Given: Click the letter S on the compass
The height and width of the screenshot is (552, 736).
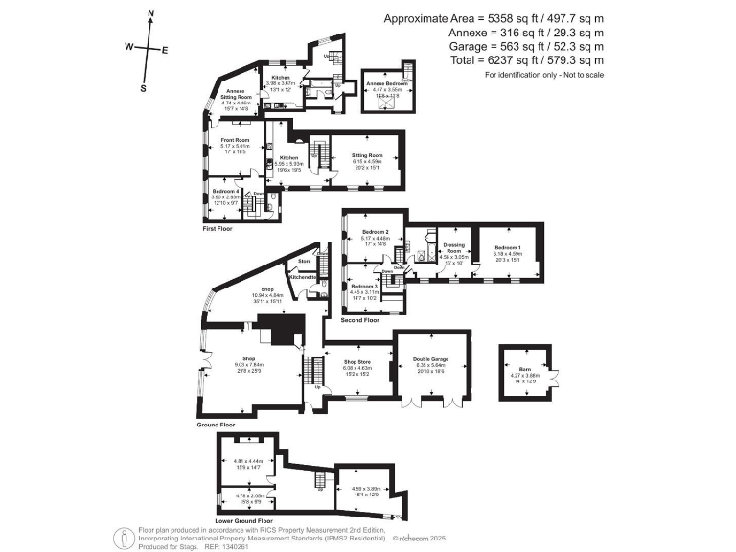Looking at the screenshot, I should tap(143, 87).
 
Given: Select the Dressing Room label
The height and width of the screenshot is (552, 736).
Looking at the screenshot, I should tap(453, 247).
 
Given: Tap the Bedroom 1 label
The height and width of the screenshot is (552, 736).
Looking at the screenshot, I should tap(507, 247).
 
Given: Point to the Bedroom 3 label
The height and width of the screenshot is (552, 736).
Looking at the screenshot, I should tap(364, 287).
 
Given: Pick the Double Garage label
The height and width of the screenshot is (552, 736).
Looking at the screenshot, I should tap(432, 359).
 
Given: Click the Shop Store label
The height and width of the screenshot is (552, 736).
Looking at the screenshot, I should tap(356, 362).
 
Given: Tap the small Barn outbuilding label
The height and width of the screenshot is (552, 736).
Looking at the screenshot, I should tap(524, 368).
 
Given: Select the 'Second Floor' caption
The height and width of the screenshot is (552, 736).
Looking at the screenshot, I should tap(360, 320).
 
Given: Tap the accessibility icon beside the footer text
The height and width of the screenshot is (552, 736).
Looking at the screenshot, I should tap(124, 537).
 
